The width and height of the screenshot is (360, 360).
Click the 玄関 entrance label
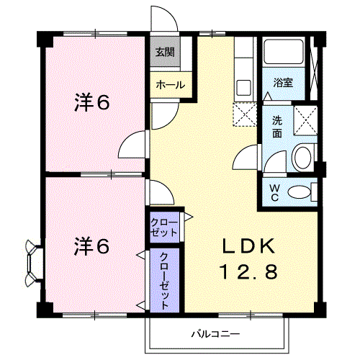coord(165,52)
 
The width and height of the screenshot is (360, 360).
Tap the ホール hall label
coord(171,85)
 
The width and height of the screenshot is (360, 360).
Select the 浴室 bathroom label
coord(283,83)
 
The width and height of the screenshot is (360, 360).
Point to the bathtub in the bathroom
coord(284,52)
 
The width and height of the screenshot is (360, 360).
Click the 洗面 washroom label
coord(277,127)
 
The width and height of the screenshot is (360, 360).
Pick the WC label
coord(274,193)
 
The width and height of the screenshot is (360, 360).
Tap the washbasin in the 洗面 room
coord(303,158)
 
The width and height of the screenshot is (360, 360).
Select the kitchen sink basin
coord(243,87)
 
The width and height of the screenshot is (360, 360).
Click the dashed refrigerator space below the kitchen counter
coord(245,114)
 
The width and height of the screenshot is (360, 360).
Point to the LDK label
coord(248,246)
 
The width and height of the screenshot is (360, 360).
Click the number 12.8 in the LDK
coord(248,271)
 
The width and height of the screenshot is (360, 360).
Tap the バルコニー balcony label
coord(215,334)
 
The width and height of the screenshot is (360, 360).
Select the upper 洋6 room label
coord(92,103)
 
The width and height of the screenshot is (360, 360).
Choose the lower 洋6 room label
coord(92,246)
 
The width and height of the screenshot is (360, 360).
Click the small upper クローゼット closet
coord(165,228)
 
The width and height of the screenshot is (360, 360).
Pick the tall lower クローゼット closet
coord(165,280)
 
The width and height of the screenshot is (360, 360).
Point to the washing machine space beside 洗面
coord(305,120)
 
